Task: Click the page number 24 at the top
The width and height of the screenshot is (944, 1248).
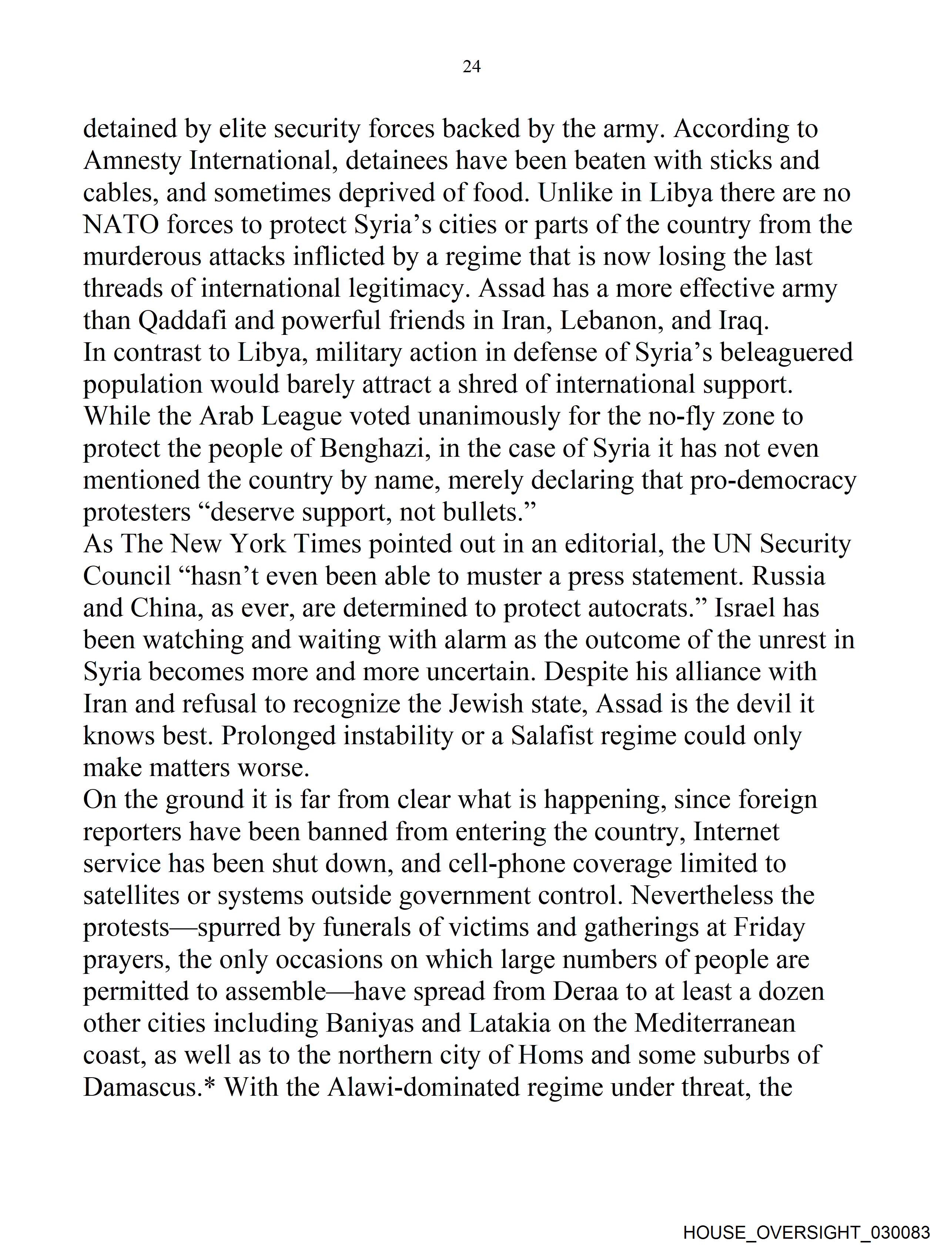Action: (x=471, y=67)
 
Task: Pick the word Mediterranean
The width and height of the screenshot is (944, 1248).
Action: (x=714, y=1024)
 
